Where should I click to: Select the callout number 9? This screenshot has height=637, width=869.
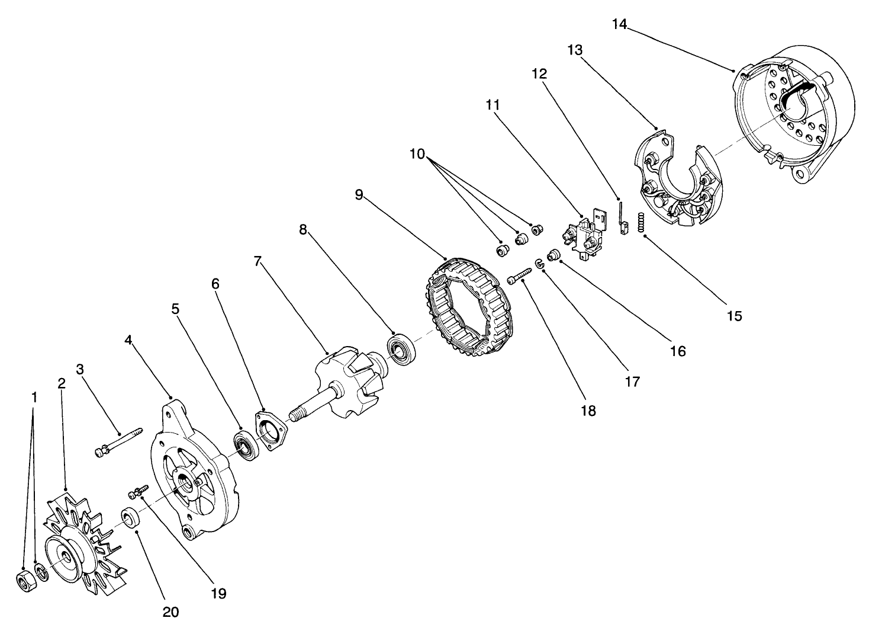pyautogui.click(x=359, y=195)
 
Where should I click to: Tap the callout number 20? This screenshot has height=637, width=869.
pyautogui.click(x=170, y=612)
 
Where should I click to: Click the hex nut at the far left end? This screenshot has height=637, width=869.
pyautogui.click(x=24, y=582)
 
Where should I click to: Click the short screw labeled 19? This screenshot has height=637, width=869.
pyautogui.click(x=138, y=491)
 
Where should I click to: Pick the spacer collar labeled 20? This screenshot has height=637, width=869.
pyautogui.click(x=131, y=517)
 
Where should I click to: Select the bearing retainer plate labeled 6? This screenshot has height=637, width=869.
pyautogui.click(x=270, y=431)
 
